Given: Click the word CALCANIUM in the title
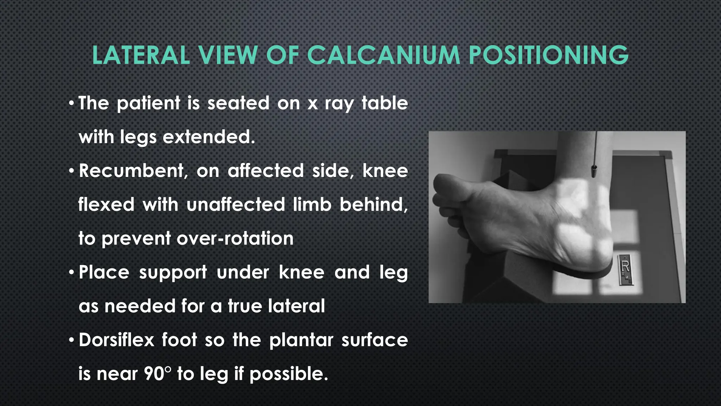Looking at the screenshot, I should coord(383,55).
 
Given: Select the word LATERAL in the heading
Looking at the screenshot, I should coord(141,55).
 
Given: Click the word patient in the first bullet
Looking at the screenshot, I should coord(149,104).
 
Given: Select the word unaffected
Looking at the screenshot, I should coord(236,204).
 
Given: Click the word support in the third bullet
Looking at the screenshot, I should coord(173,273).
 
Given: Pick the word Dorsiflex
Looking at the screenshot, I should coord(117,340).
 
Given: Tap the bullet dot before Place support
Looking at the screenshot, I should coord(72,272).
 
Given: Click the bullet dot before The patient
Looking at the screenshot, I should coord(72,103).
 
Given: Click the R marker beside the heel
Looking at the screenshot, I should coord(625,269).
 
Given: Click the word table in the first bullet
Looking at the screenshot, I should coord(385,103).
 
